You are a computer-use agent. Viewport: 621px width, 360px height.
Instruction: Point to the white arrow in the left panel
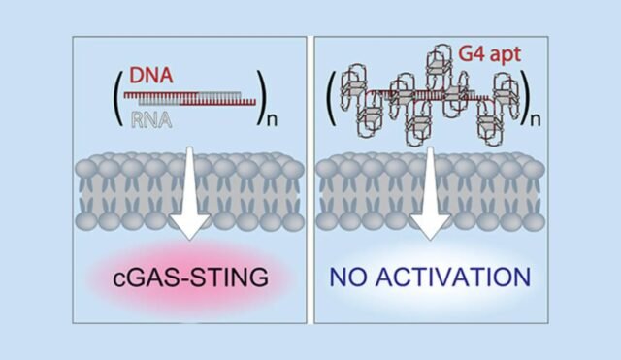186,199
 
